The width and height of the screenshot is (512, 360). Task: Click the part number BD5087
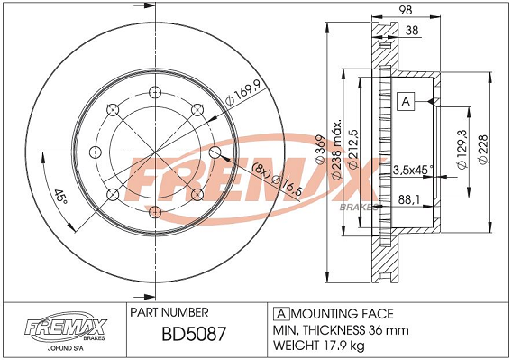click(194, 334)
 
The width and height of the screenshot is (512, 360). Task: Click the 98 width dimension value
click(406, 10)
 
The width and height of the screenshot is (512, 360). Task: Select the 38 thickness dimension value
click(412, 31)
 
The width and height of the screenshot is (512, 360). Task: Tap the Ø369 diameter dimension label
click(320, 149)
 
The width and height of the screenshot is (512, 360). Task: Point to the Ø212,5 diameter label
click(354, 149)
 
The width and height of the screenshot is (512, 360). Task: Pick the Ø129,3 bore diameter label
click(462, 149)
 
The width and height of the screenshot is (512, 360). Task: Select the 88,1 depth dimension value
click(409, 199)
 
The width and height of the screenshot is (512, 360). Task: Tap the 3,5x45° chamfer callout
click(413, 170)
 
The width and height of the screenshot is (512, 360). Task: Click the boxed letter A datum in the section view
click(406, 102)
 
